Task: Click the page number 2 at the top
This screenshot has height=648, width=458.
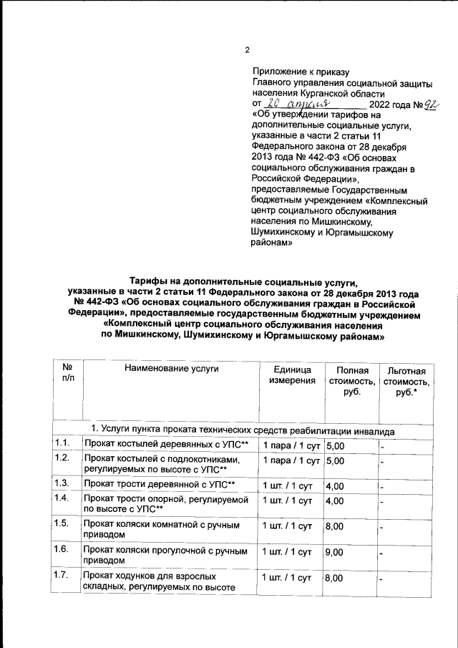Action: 247,49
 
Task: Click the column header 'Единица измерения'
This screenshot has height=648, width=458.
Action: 291,374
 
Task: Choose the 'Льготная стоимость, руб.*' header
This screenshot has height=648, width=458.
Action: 406,381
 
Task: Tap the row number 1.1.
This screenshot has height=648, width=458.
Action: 62,444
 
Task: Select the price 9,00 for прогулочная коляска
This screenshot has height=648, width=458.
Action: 335,553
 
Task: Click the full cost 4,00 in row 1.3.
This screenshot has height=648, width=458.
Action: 335,485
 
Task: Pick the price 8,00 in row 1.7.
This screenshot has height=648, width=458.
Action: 335,579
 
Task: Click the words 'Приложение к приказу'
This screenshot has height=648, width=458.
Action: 301,72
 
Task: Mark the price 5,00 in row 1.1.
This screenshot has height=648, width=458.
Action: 335,445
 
